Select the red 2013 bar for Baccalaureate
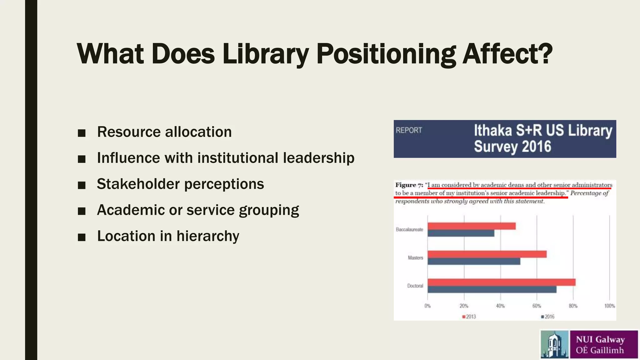coord(471,226)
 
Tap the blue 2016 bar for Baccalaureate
coord(461,233)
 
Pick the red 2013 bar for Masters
coord(487,254)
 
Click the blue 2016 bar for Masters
coord(474,262)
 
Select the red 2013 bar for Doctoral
coord(501,282)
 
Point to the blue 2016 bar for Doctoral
coord(492,290)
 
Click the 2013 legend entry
coord(469,317)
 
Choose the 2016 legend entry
coord(548,317)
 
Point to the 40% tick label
coord(500,306)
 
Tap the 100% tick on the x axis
coord(609,306)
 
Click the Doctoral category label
coord(415,286)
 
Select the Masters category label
coord(415,258)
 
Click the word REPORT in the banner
coord(409,130)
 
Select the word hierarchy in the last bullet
coord(208,236)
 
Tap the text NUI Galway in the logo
coord(600,339)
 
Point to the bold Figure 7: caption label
coord(409,185)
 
